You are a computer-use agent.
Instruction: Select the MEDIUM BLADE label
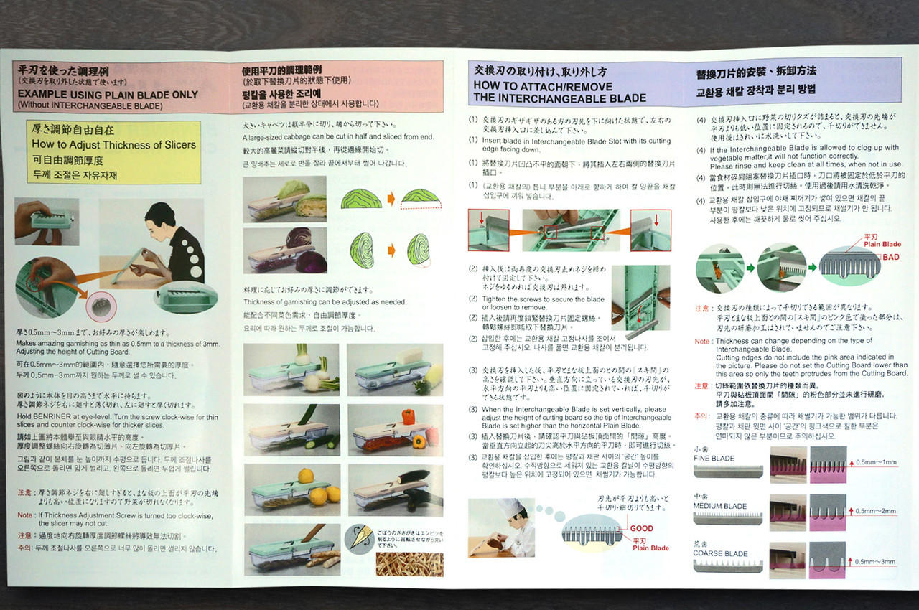[x=719, y=506]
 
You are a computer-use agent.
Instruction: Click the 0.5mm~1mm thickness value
[x=876, y=462]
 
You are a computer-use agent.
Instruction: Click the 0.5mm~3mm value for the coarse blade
[x=876, y=561]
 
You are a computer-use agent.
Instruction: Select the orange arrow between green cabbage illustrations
[x=391, y=198]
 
